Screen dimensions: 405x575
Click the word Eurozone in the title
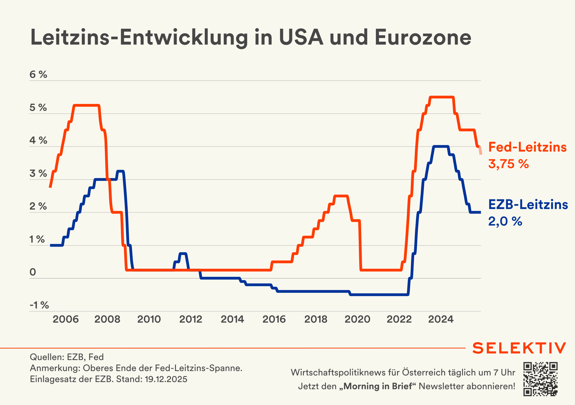coord(423,38)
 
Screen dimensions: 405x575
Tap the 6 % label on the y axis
coord(38,74)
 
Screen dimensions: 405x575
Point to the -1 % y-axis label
coord(39,305)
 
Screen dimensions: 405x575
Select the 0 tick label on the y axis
coord(33,272)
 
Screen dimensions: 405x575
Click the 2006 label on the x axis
coord(66,319)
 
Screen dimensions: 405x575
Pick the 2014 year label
coord(232,319)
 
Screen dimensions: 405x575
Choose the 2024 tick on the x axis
coord(440,319)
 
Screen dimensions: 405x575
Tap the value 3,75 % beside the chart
coord(508,164)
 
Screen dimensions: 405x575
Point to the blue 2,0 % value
coord(505,221)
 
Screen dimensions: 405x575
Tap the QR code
coord(540,379)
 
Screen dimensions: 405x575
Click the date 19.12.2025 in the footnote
coord(166,379)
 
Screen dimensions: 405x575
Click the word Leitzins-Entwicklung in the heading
coord(139,38)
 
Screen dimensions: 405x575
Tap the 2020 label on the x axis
coord(357,319)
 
